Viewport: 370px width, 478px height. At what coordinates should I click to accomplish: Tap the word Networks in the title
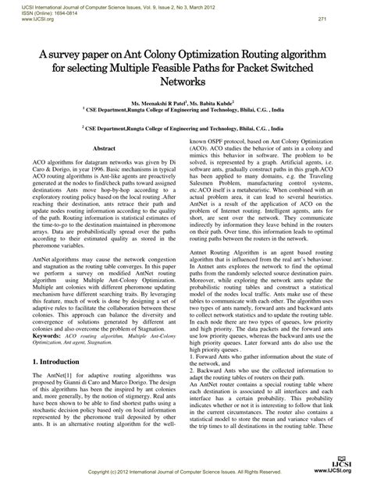[184, 81]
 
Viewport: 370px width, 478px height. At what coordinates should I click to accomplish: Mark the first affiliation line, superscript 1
[184, 111]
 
